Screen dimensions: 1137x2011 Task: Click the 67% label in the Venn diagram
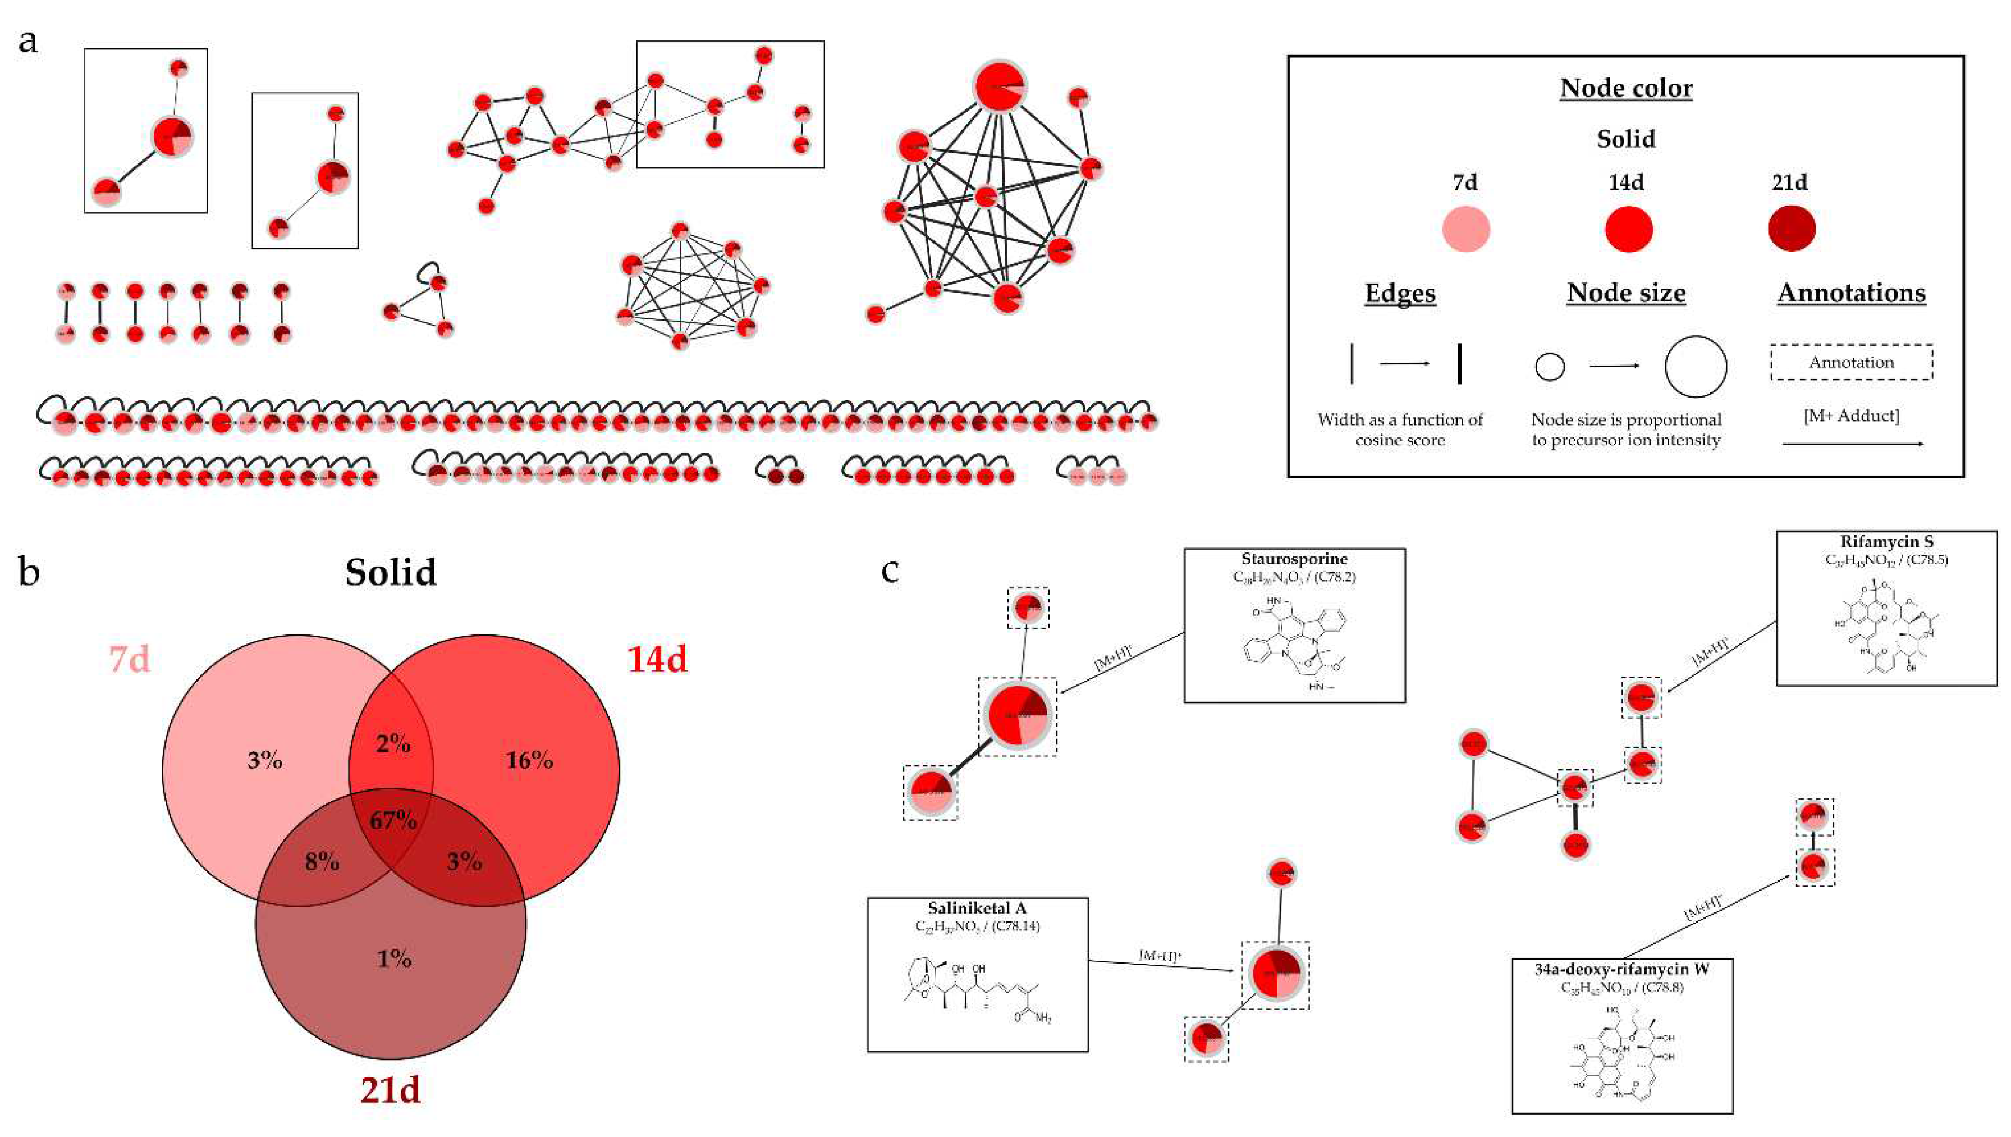393,820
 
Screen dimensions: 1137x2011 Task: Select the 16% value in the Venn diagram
529,760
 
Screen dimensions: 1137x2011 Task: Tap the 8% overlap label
322,861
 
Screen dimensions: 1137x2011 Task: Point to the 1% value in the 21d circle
394,958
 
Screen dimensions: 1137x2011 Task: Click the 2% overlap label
393,743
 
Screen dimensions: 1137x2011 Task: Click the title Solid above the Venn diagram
390,572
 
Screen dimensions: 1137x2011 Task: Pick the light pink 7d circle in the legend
1465,230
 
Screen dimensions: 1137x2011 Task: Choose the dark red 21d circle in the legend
1792,229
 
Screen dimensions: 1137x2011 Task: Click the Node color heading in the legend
1626,88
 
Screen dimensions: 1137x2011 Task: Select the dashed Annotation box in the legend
1851,362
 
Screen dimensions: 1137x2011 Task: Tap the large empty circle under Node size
1695,366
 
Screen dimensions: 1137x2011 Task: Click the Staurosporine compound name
1294,559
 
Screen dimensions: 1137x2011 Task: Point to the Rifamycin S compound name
1885,542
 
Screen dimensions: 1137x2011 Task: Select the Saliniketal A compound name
977,908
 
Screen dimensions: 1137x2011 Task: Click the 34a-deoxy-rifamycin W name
1621,969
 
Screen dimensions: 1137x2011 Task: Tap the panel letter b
29,572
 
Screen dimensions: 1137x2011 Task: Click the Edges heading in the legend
1400,293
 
